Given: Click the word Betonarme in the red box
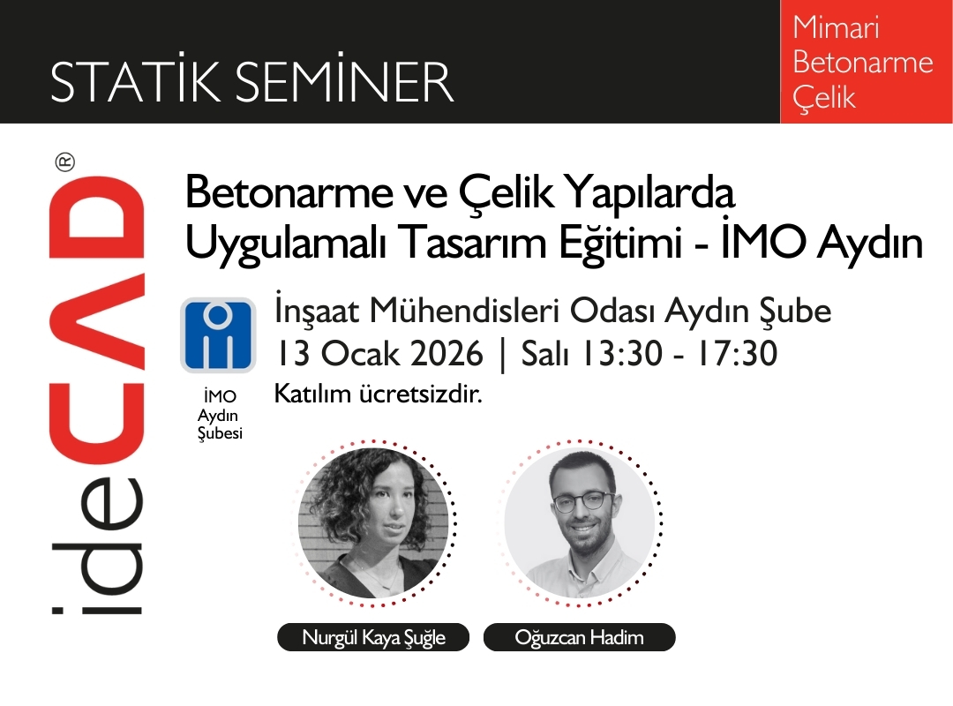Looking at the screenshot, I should (x=862, y=63).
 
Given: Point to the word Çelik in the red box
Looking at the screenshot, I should (x=824, y=98).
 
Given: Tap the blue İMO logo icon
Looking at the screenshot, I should (x=218, y=334).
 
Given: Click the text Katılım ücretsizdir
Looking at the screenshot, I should (x=379, y=394).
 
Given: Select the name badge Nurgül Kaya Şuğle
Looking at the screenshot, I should (x=374, y=637).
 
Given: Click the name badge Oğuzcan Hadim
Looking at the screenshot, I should (x=579, y=637).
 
